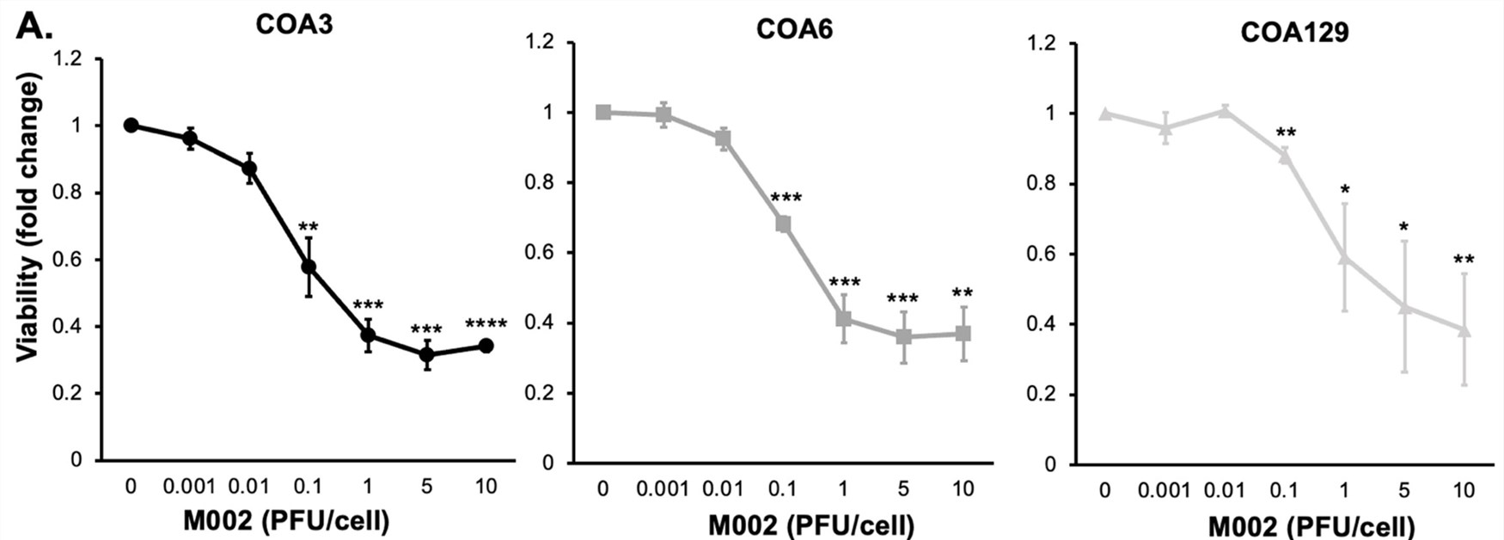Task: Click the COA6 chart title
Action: [794, 29]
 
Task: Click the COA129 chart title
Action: [1294, 33]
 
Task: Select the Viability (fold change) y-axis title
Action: [28, 217]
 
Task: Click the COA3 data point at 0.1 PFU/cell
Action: [309, 267]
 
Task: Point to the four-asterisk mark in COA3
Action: [486, 325]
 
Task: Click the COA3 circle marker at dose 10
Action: [486, 346]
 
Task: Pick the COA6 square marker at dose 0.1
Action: [783, 224]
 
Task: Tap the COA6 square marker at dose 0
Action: [603, 113]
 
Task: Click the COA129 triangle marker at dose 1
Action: [1344, 257]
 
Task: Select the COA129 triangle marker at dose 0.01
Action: [1224, 110]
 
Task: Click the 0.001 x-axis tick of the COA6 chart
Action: [663, 489]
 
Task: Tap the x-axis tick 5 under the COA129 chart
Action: [1404, 491]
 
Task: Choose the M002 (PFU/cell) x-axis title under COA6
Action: [810, 525]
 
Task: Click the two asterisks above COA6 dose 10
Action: [963, 293]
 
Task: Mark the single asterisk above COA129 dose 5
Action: [1403, 228]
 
